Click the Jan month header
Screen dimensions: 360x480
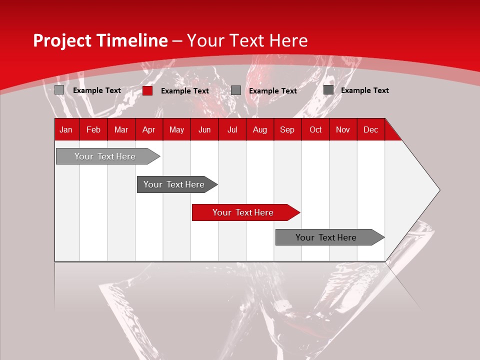coord(66,129)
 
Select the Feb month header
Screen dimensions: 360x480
coord(93,129)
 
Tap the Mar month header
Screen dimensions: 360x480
coord(121,129)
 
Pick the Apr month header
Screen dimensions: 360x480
coord(148,129)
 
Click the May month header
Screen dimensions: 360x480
coord(176,129)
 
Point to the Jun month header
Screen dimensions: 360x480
coord(204,129)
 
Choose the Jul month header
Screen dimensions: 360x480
coord(232,129)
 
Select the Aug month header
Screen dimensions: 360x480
coord(259,129)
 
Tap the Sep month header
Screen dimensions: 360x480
coord(287,129)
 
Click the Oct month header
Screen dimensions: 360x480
coord(315,129)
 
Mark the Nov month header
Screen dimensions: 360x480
coord(343,129)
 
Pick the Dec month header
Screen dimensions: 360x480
coord(370,129)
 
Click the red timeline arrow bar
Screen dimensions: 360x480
coord(243,212)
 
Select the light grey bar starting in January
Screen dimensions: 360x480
coord(105,156)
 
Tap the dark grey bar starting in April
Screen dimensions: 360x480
coord(174,184)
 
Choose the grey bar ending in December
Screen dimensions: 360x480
coord(326,237)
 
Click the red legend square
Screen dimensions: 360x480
coord(147,90)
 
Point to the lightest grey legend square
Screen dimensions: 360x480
coord(59,90)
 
